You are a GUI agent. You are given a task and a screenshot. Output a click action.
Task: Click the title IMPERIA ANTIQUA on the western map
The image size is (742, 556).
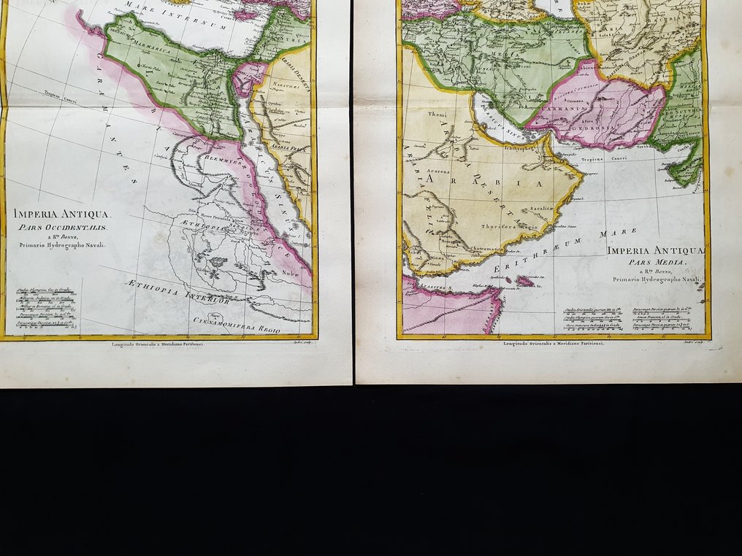pos(61,214)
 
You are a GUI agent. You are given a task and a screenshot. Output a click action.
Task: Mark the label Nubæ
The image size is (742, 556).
pos(289,274)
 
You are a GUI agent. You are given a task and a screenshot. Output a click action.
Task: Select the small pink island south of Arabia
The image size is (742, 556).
pos(524,281)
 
